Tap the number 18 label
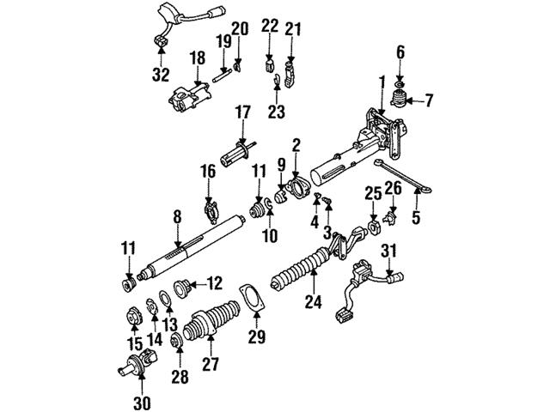(197, 58)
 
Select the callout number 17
(243, 112)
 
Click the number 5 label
(416, 217)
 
